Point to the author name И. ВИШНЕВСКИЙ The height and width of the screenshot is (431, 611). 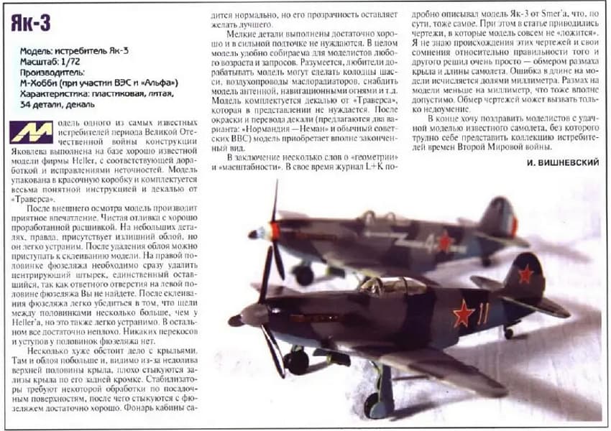coord(563,163)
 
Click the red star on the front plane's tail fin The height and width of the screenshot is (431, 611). coord(526,273)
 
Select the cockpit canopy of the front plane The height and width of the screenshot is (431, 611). coord(382,287)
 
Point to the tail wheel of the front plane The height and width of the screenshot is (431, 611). coord(509,333)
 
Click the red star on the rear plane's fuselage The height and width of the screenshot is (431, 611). coord(445,241)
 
